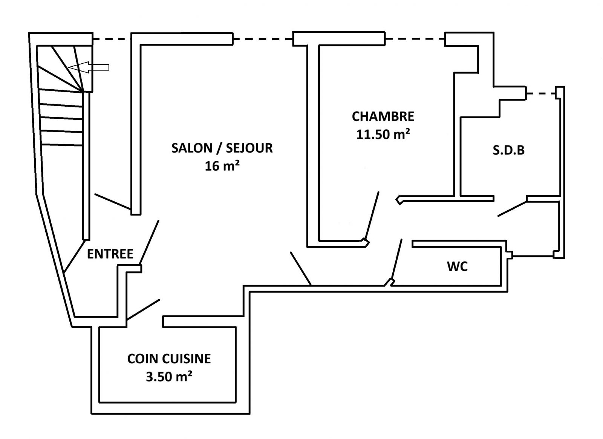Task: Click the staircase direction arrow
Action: [x=89, y=67]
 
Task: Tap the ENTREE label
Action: [x=110, y=254]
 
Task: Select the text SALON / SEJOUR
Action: [x=222, y=148]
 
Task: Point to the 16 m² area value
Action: [x=222, y=166]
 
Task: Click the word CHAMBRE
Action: [x=383, y=116]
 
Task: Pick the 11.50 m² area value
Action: [x=383, y=134]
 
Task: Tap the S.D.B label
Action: [x=509, y=150]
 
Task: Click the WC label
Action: [x=458, y=266]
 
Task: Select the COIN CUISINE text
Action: [x=169, y=359]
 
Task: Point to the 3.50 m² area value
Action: [x=169, y=376]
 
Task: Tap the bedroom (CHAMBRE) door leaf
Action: [x=372, y=215]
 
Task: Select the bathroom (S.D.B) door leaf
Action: [x=512, y=209]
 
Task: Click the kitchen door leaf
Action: [x=144, y=309]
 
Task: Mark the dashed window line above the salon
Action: [x=263, y=39]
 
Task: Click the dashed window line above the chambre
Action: [x=415, y=39]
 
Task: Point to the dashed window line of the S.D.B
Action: [x=541, y=93]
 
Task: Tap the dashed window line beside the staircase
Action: [x=112, y=39]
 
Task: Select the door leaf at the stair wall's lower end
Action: [x=74, y=256]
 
